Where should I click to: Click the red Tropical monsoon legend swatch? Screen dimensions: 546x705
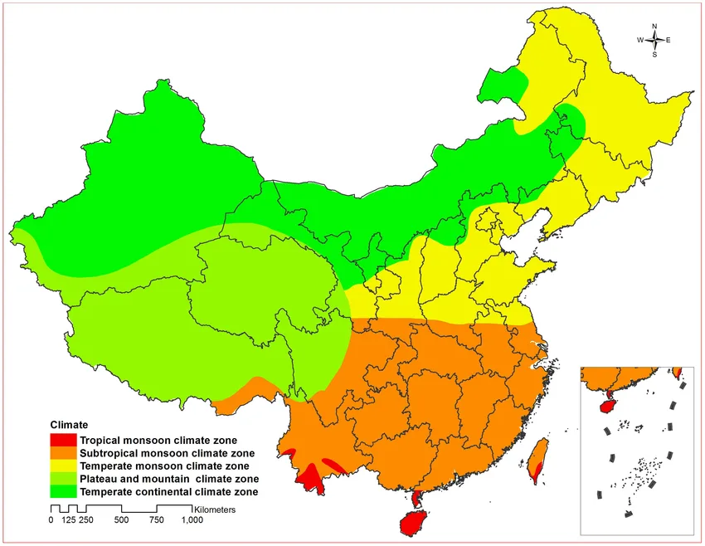tap(63, 440)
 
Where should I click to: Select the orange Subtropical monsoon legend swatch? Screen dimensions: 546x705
tap(63, 453)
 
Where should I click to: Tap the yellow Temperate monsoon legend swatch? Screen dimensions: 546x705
tap(63, 466)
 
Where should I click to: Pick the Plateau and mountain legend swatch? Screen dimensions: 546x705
tap(63, 480)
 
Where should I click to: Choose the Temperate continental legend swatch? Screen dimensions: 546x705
tap(63, 492)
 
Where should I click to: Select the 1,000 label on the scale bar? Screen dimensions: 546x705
tap(192, 520)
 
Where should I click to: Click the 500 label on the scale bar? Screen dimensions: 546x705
tap(121, 520)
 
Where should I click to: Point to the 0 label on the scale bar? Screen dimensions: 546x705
tap(51, 520)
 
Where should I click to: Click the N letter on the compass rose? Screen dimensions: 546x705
tap(654, 26)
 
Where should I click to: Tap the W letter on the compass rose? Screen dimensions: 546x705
tap(640, 40)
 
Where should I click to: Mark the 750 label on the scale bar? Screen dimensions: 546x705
tap(156, 520)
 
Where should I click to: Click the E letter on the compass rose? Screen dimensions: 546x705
tap(669, 40)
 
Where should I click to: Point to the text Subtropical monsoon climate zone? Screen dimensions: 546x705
tap(167, 453)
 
